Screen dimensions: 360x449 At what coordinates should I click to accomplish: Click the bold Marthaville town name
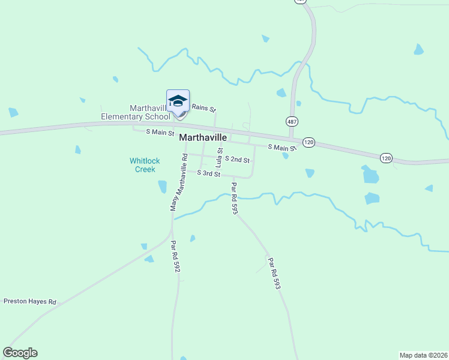coord(203,137)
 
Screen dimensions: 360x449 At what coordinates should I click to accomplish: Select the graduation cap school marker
coord(178,100)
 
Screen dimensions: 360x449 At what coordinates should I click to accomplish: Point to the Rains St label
coord(203,108)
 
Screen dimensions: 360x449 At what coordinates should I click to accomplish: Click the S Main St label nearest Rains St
coord(160,132)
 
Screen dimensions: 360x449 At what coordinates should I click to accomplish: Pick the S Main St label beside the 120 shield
coord(282,147)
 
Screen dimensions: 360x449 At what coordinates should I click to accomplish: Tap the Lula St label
coord(220,157)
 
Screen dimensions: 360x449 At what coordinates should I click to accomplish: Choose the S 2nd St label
coord(237,160)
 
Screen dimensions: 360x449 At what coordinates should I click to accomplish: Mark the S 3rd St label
coord(209,173)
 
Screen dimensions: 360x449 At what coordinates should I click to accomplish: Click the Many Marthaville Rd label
coord(179,182)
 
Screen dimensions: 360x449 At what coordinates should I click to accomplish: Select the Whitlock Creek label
coord(145,165)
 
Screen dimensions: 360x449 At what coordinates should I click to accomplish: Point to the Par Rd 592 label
coord(175,257)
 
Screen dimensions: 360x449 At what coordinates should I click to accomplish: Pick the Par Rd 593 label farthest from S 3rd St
coord(274,274)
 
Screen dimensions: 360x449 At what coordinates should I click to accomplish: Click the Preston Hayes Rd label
coord(30,302)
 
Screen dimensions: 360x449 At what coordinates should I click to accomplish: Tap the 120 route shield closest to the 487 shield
coord(309,142)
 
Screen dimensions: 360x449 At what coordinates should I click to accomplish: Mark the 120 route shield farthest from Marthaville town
coord(386,158)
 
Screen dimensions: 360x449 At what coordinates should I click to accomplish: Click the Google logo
coord(20,353)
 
